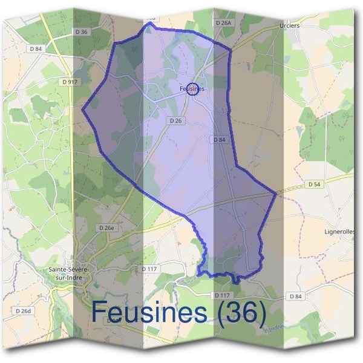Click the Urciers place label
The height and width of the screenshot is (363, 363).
point(290,27)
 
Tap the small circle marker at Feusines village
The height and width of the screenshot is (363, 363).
point(192,89)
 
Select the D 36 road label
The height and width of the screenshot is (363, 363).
point(82,31)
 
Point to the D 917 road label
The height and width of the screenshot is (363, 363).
point(70,81)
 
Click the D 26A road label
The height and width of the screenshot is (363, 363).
point(223,22)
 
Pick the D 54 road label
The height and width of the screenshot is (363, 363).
point(314,184)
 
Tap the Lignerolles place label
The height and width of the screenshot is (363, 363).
point(340,232)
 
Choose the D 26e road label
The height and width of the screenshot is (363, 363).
point(106,227)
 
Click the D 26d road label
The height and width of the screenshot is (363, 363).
point(22,310)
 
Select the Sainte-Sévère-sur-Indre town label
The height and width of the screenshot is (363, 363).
point(70,273)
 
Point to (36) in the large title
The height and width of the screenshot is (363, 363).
point(242,312)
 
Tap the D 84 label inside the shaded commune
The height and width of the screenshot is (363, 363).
point(220,139)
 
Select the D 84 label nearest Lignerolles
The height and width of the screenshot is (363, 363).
point(295,296)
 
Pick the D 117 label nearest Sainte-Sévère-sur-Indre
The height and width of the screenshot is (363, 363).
point(149,268)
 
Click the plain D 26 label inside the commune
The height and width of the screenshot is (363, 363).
point(176,121)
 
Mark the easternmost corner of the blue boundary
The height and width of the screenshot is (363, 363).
point(276,194)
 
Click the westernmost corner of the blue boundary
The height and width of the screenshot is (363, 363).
point(82,110)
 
